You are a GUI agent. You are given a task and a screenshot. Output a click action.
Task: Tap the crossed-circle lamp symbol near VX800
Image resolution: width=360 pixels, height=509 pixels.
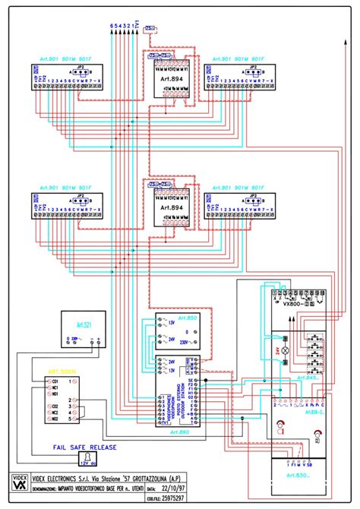pos(286,352)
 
